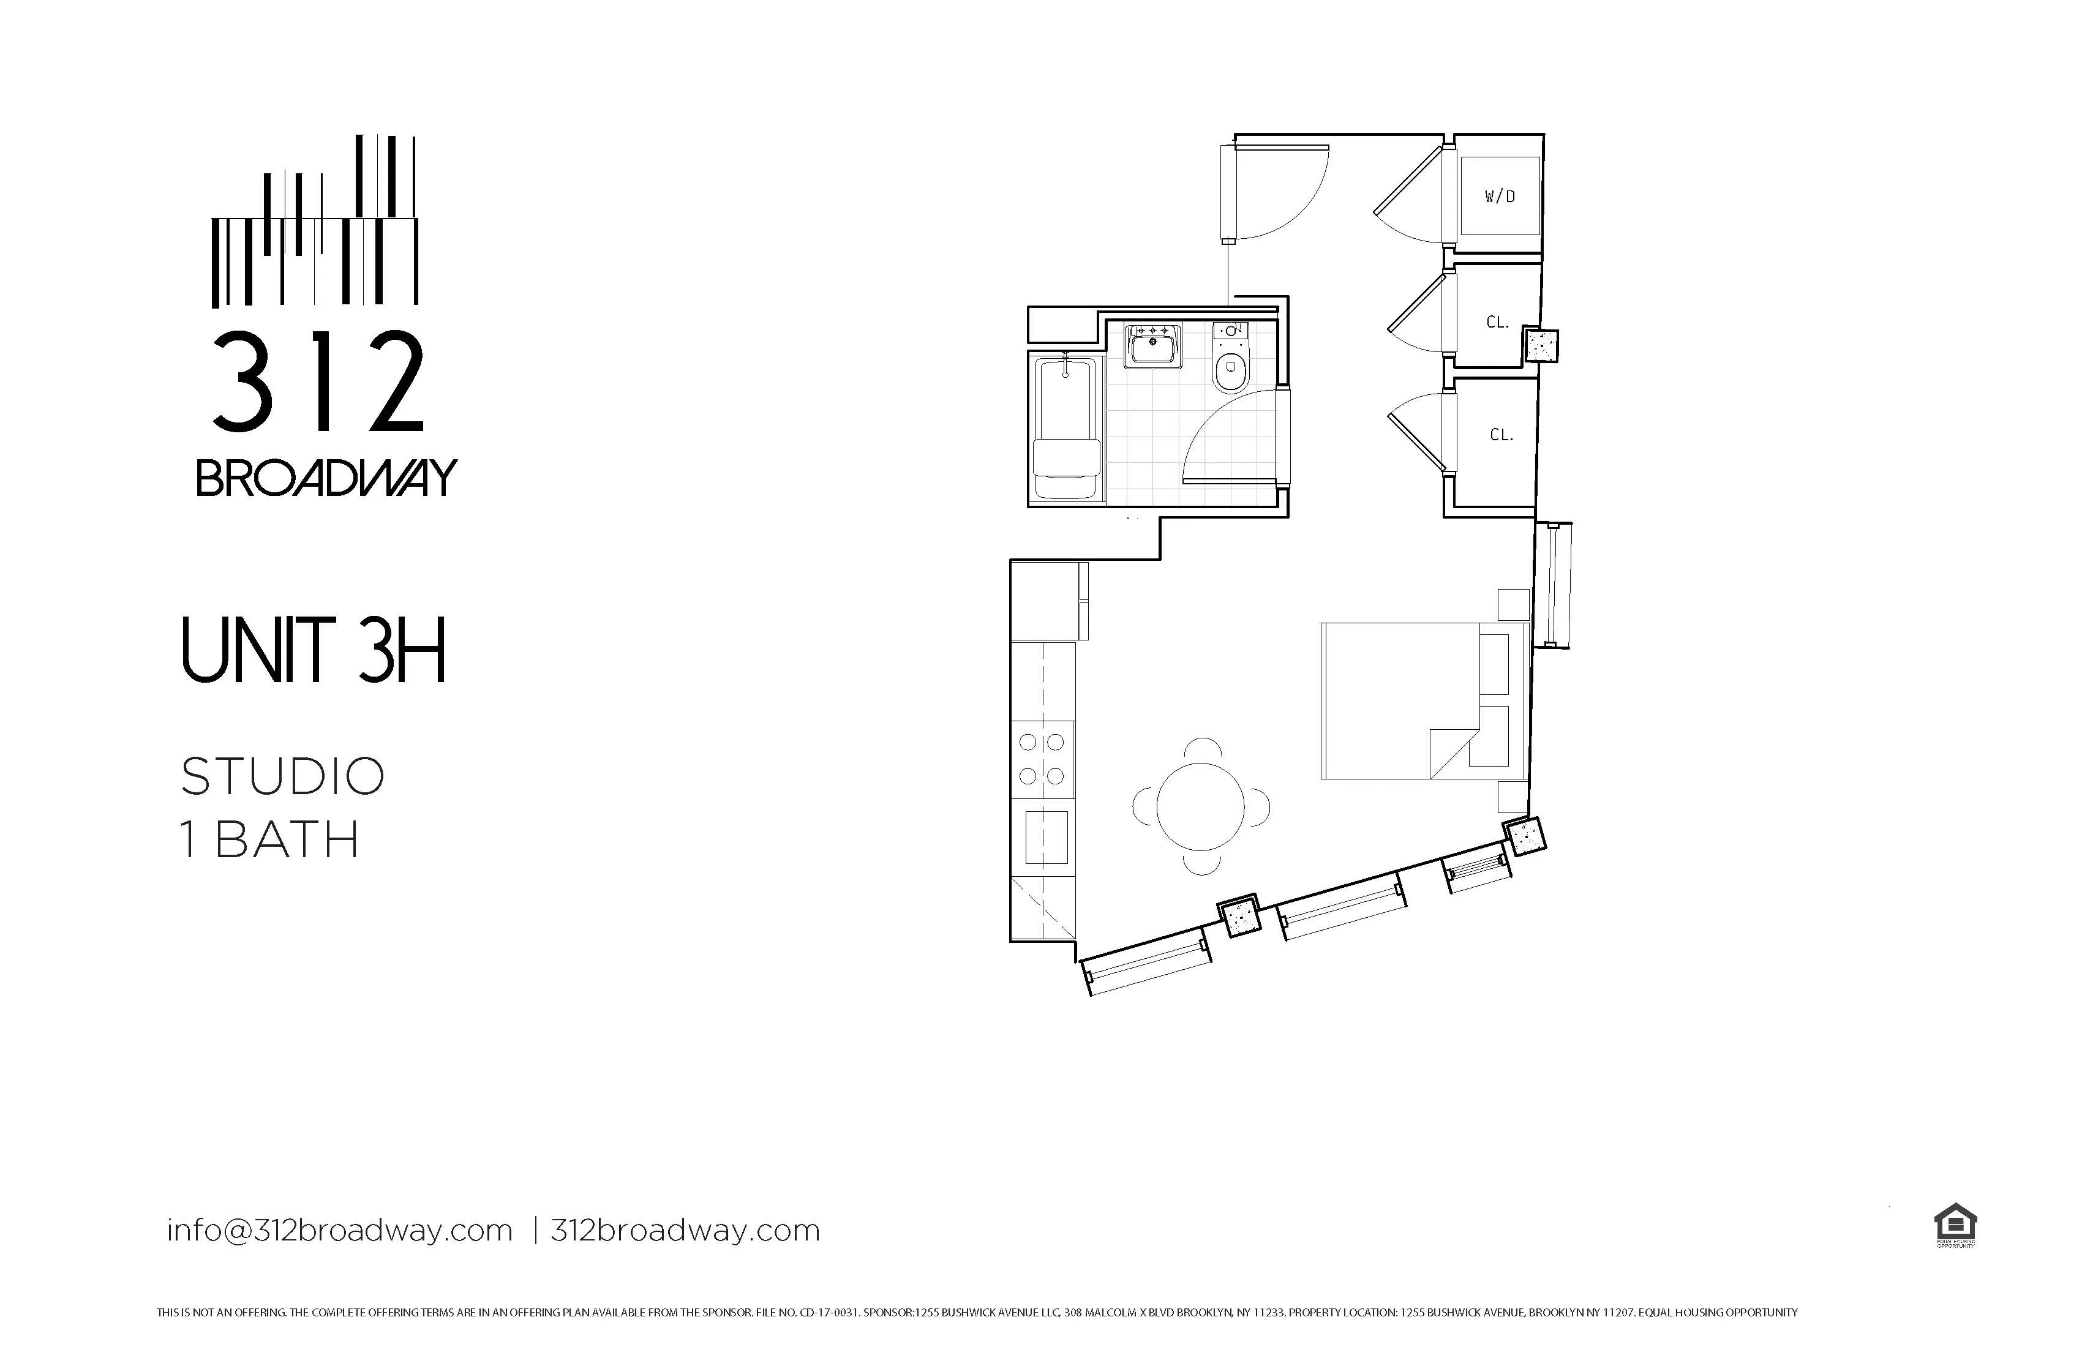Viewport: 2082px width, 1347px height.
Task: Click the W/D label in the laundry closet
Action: click(x=1500, y=197)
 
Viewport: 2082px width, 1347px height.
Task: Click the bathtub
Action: click(x=1065, y=429)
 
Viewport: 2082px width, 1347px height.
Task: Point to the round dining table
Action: click(x=1201, y=806)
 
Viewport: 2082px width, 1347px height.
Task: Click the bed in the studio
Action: click(x=1421, y=700)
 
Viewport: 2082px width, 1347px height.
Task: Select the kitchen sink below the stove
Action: click(x=1047, y=837)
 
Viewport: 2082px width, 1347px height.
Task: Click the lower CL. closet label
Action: click(x=1501, y=435)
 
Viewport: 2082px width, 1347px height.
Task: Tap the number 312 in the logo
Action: click(x=318, y=382)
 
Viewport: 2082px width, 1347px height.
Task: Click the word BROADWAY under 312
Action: click(x=326, y=478)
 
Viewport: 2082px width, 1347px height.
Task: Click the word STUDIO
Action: click(x=282, y=777)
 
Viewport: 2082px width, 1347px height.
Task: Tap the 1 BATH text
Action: click(x=270, y=839)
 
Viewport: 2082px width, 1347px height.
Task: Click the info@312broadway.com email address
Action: click(x=339, y=1231)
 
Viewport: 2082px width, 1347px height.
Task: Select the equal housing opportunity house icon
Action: click(x=1955, y=1225)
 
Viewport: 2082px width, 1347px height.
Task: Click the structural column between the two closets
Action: click(x=1541, y=345)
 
